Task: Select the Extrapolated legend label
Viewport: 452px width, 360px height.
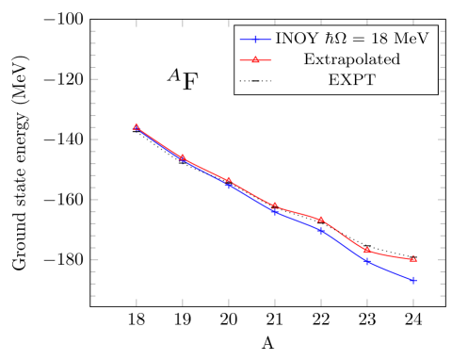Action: [351, 59]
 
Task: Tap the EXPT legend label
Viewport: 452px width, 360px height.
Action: [351, 80]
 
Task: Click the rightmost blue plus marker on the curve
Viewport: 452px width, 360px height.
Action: [413, 281]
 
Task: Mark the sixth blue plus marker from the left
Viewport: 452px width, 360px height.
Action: [367, 261]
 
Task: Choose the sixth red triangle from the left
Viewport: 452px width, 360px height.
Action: [367, 250]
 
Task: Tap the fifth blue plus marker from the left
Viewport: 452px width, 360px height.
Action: [321, 230]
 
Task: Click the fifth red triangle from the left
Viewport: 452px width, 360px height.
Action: [321, 219]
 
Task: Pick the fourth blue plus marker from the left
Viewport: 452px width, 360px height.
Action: [275, 211]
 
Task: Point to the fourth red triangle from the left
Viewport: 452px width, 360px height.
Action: [275, 205]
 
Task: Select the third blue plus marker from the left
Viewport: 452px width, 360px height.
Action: [229, 186]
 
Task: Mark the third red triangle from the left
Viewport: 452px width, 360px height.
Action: [229, 180]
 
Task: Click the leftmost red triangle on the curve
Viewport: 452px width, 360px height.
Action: [137, 126]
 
